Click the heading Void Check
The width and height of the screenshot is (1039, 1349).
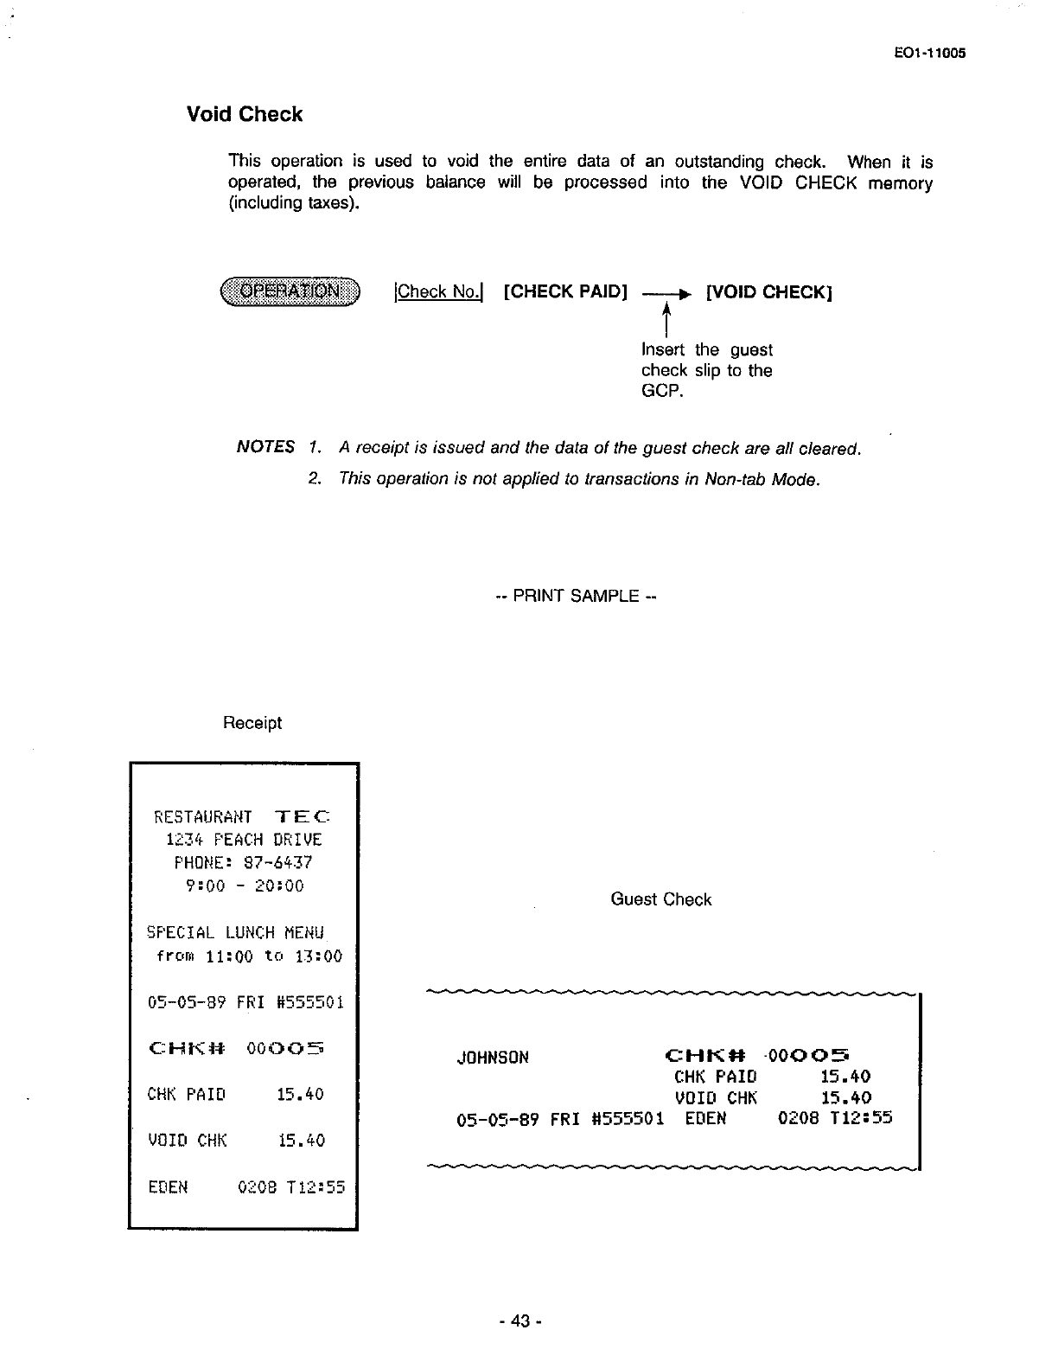point(245,115)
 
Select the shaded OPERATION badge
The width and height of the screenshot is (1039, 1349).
point(290,291)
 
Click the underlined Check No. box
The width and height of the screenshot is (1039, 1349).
point(437,291)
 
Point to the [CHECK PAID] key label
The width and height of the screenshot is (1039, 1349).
point(564,291)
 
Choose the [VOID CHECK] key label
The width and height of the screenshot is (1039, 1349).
point(768,291)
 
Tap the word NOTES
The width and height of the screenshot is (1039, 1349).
point(265,447)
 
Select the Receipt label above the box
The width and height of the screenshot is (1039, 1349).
point(252,723)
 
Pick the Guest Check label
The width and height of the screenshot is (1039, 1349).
point(661,899)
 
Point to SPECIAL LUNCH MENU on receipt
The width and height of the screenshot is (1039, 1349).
point(235,933)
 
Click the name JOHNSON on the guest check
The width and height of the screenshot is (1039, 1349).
point(493,1057)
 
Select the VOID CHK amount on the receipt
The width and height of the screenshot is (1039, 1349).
point(300,1141)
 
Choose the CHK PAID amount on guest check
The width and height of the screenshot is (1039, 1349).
point(845,1077)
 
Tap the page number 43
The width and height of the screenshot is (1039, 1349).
point(519,1321)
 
